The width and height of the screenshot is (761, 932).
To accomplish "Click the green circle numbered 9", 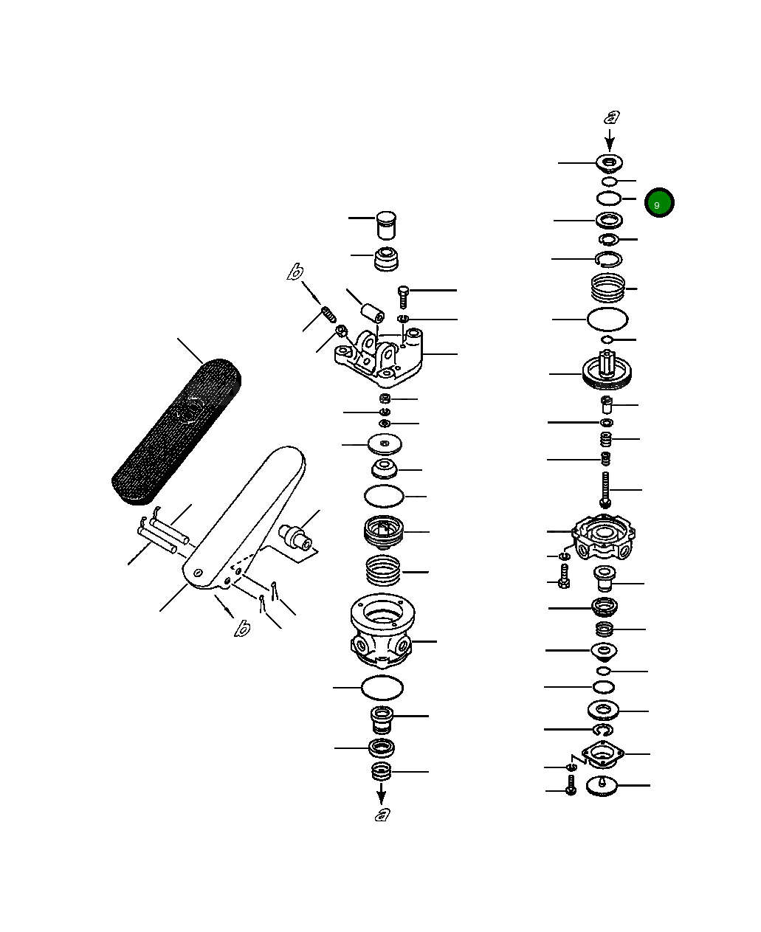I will [658, 203].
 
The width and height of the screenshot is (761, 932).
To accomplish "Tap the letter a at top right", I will [612, 117].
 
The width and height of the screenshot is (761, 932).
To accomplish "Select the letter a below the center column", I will [382, 814].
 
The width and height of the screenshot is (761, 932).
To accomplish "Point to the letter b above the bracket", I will [295, 273].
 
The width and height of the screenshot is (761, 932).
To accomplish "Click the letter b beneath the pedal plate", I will [242, 628].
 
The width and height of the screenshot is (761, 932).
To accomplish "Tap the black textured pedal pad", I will [176, 432].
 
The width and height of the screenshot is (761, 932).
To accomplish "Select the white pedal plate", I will [244, 517].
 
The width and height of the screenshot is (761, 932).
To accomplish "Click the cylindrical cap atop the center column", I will [386, 225].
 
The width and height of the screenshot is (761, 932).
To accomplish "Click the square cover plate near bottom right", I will [603, 756].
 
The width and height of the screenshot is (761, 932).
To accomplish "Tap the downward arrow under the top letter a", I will [610, 139].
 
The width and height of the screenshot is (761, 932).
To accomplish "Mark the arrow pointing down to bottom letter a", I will [382, 794].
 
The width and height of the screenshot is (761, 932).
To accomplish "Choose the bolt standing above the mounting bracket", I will [403, 296].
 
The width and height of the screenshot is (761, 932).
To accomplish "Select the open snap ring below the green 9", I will [608, 258].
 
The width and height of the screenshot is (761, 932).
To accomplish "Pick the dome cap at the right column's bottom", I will [603, 787].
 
